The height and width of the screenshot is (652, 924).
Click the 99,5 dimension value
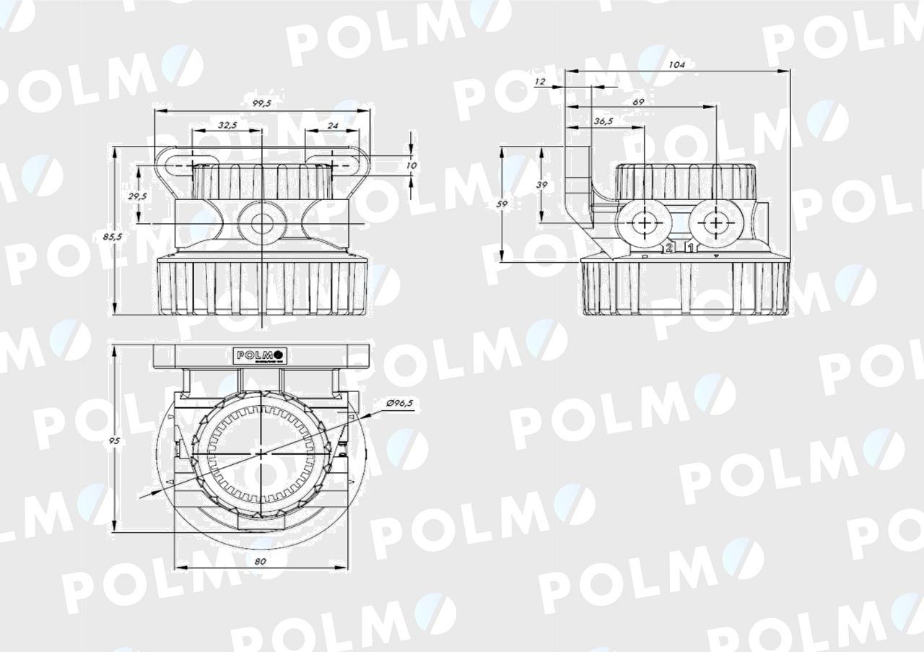261,104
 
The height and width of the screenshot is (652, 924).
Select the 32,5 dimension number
227,126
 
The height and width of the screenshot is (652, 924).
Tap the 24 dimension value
332,126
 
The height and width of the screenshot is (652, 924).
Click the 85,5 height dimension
106,235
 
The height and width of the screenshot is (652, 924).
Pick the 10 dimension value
411,165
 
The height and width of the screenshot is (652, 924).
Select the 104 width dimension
676,65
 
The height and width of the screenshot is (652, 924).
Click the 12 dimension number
540,82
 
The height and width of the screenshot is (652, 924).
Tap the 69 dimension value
638,103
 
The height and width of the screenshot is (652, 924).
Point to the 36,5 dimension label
603,121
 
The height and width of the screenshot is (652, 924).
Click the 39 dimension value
541,185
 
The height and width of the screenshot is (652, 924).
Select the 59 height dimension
502,204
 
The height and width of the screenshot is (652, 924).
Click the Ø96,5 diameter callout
399,403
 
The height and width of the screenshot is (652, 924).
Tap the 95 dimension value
113,440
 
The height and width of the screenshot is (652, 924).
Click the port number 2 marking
669,248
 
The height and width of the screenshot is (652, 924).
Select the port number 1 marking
690,248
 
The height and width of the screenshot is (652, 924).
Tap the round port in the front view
261,224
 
